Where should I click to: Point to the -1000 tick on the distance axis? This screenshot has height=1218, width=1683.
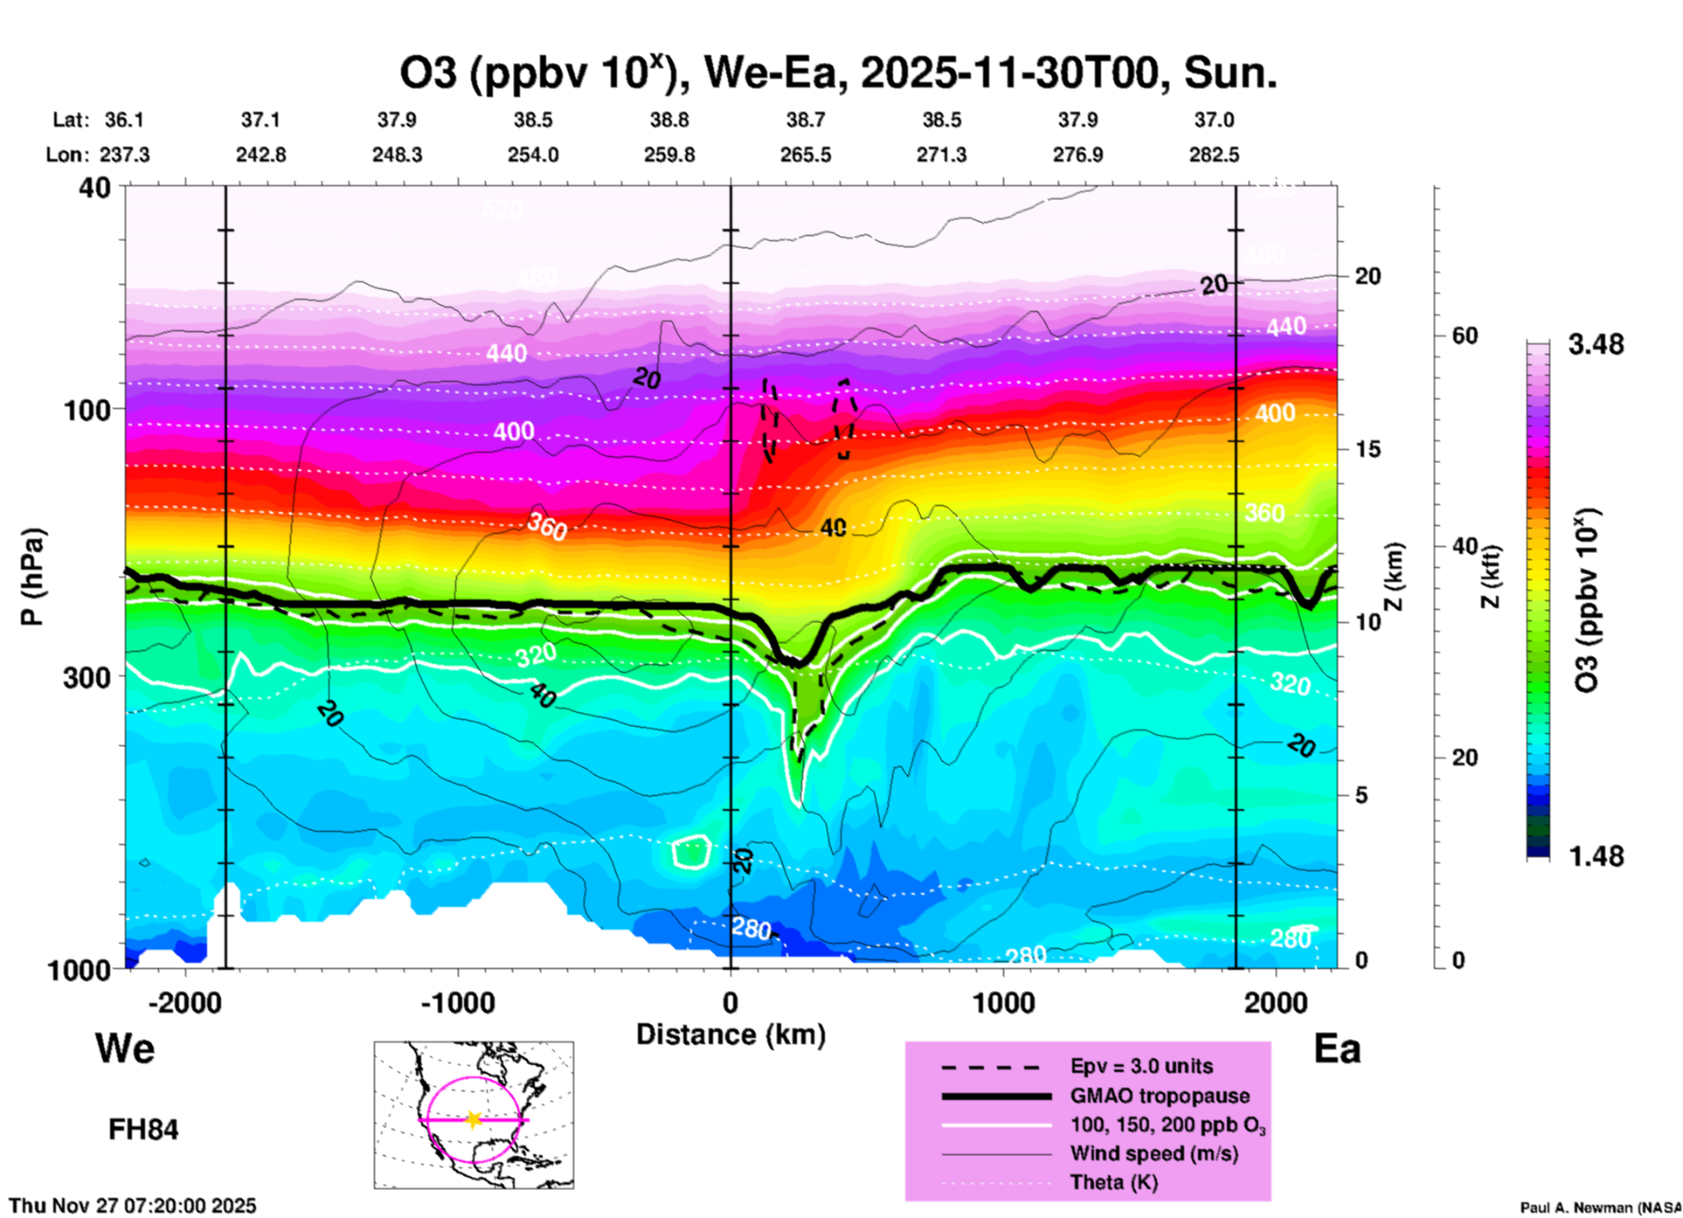pos(458,1002)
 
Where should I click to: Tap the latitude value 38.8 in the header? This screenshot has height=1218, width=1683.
pos(669,120)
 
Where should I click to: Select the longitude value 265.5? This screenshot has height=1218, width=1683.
pos(806,155)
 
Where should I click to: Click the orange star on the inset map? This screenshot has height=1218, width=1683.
pos(474,1119)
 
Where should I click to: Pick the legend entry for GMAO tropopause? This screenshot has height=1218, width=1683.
pos(1160,1096)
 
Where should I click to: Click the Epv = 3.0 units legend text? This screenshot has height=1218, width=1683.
pos(1141,1066)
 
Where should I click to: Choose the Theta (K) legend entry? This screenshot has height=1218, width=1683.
pos(1113,1182)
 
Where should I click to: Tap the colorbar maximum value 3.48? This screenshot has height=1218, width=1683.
pos(1596,344)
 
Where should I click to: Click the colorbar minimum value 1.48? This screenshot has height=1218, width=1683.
pos(1596,855)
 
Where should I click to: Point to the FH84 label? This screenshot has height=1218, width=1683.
pos(143,1130)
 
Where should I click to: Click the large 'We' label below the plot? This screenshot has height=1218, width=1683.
pos(125,1048)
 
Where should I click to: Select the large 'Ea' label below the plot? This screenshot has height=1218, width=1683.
pos(1337,1048)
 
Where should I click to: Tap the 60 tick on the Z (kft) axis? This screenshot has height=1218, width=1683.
pos(1465,336)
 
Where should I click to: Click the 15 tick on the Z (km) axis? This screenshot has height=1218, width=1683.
pos(1368,449)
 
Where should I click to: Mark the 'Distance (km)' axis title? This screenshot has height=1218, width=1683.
pos(731,1035)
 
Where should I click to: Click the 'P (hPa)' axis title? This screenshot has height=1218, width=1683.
pos(32,577)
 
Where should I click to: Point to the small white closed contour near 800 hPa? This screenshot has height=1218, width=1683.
pos(691,851)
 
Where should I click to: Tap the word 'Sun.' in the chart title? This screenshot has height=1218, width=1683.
pos(1230,73)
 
